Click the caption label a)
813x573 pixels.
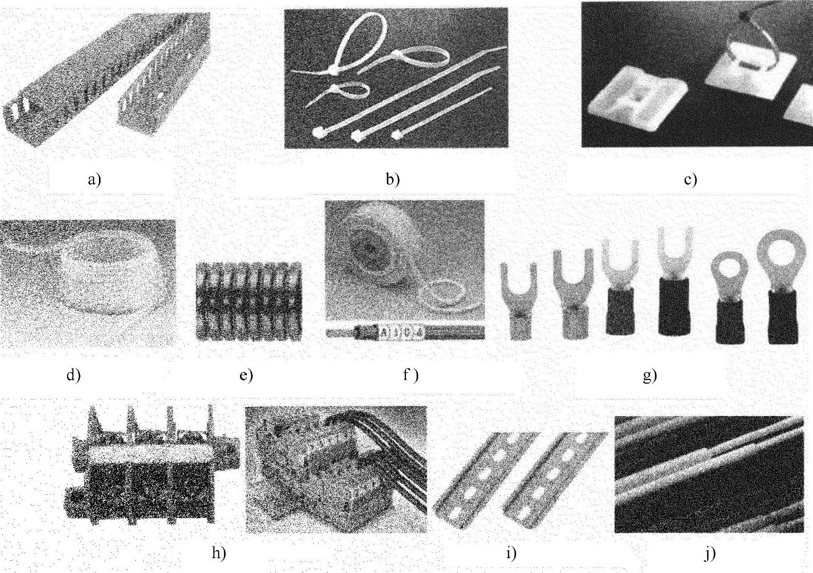click(94, 179)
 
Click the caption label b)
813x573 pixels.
click(393, 179)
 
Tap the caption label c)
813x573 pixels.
click(690, 179)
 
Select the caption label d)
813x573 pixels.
click(73, 375)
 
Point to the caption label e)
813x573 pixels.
click(246, 375)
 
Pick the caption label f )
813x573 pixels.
click(411, 375)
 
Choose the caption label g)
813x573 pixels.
click(650, 376)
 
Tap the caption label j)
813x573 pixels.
click(710, 554)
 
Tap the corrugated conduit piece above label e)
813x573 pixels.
click(249, 301)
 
